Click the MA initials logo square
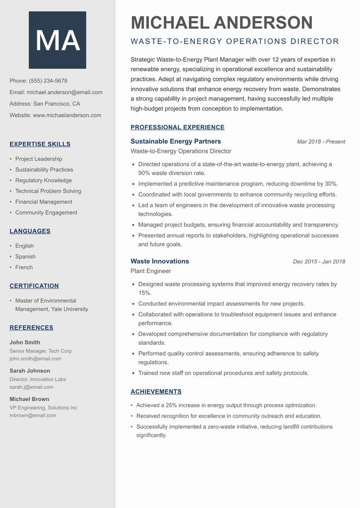coord(58,40)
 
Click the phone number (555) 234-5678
coord(48,81)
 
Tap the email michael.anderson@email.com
coord(64,92)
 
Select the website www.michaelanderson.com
coord(67,115)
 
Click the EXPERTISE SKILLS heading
coord(40,144)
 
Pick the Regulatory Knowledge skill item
coord(43,180)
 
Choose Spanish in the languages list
coord(25,257)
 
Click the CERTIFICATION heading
coord(34,286)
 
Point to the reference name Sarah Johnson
coord(30,371)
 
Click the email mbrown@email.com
coord(33,415)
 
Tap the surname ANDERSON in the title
coord(263,23)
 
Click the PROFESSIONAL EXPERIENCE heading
coord(177,127)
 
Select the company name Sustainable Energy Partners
coord(175,141)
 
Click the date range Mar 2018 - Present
coord(321,142)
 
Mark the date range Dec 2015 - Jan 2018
coord(319,262)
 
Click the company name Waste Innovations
coord(160,261)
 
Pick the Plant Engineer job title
coord(151,271)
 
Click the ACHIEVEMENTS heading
coord(156,392)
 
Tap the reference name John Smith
coord(25,342)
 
